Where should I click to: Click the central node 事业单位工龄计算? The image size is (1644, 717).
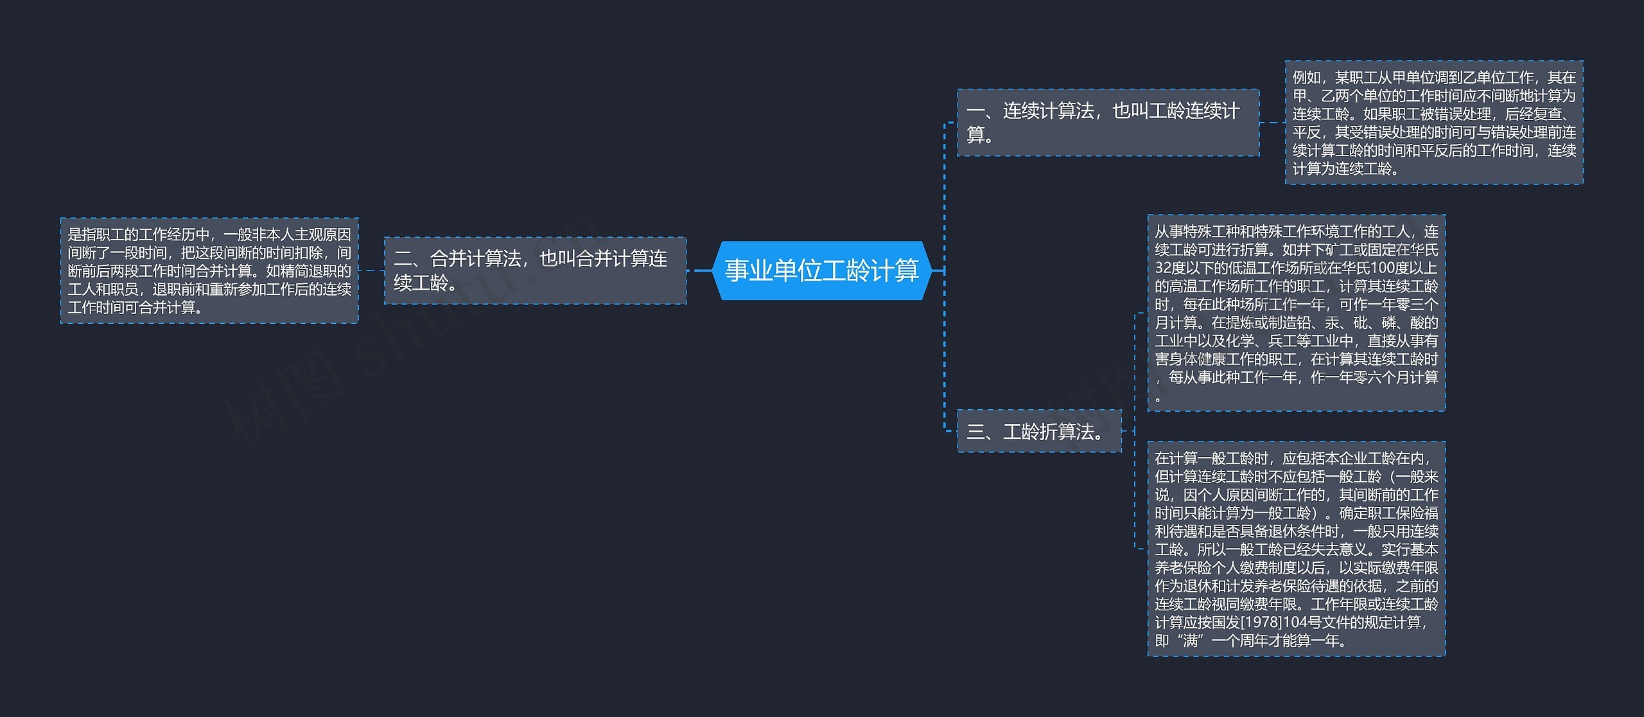[x=821, y=270]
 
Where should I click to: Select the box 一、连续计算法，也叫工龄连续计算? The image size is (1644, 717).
[x=1108, y=122]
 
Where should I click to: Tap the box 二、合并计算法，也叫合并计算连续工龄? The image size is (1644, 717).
[x=535, y=270]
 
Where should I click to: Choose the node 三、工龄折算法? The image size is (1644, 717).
[x=1039, y=431]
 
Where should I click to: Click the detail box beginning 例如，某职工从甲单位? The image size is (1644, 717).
[x=1433, y=123]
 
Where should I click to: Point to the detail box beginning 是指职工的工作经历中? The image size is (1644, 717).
[x=209, y=270]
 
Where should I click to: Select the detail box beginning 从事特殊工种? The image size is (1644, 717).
[x=1296, y=313]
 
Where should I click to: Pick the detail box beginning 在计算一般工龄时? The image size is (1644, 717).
[x=1296, y=549]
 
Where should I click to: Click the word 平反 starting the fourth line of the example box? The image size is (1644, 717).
[x=1306, y=132]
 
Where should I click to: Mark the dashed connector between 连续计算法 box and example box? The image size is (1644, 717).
[x=1272, y=122]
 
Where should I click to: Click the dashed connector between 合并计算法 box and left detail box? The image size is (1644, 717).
[x=371, y=270]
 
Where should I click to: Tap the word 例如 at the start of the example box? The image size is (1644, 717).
[x=1306, y=78]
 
